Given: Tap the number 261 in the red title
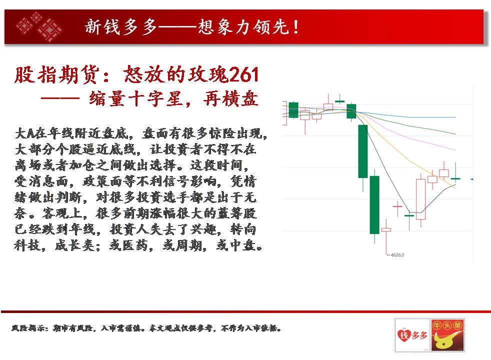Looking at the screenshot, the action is (x=243, y=74).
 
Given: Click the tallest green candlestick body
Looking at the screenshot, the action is (x=374, y=204).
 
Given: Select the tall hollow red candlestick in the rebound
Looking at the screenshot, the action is (x=420, y=199).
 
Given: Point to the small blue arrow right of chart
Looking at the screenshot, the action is (x=471, y=179).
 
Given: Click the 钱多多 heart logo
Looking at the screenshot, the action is (x=412, y=335).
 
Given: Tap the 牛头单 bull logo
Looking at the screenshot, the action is (x=447, y=335).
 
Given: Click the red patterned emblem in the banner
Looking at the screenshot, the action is (x=39, y=26).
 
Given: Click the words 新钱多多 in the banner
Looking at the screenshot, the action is (x=121, y=26).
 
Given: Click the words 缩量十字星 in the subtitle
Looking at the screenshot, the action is (x=136, y=99).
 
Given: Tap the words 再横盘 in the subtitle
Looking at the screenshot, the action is (x=230, y=99).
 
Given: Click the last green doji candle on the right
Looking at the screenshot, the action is (x=455, y=178).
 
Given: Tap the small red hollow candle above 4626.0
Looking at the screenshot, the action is (x=386, y=230).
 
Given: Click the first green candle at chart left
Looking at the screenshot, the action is (x=293, y=110).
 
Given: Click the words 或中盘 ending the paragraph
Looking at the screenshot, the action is (x=239, y=245).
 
